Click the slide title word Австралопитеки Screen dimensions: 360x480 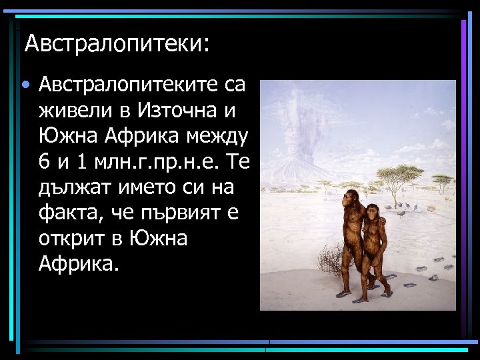[x=117, y=44]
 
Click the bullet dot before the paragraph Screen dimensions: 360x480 [x=25, y=86]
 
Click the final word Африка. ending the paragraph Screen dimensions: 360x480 [x=79, y=264]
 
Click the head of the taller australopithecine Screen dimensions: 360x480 [x=352, y=197]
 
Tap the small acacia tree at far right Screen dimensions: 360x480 [x=442, y=181]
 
